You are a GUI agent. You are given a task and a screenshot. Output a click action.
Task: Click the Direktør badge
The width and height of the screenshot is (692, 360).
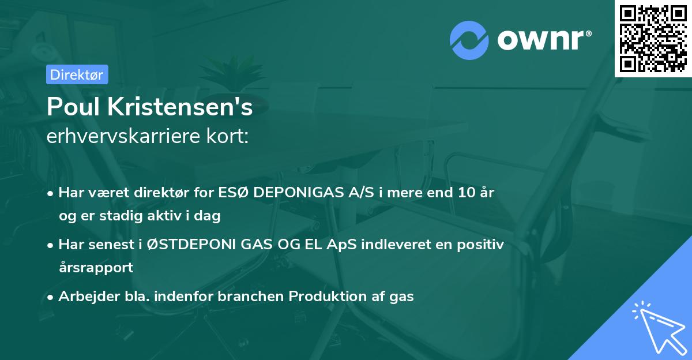tap(77, 74)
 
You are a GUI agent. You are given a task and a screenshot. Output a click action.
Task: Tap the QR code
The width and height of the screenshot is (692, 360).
tap(653, 38)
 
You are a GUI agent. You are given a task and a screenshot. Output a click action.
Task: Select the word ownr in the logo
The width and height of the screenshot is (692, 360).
tap(541, 39)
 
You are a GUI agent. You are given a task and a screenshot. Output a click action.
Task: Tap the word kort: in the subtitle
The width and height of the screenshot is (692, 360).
tap(230, 136)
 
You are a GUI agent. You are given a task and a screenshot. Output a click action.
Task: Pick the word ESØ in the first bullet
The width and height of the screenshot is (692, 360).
tap(234, 193)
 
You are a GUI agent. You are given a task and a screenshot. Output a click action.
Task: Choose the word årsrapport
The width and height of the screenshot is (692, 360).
tap(96, 267)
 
